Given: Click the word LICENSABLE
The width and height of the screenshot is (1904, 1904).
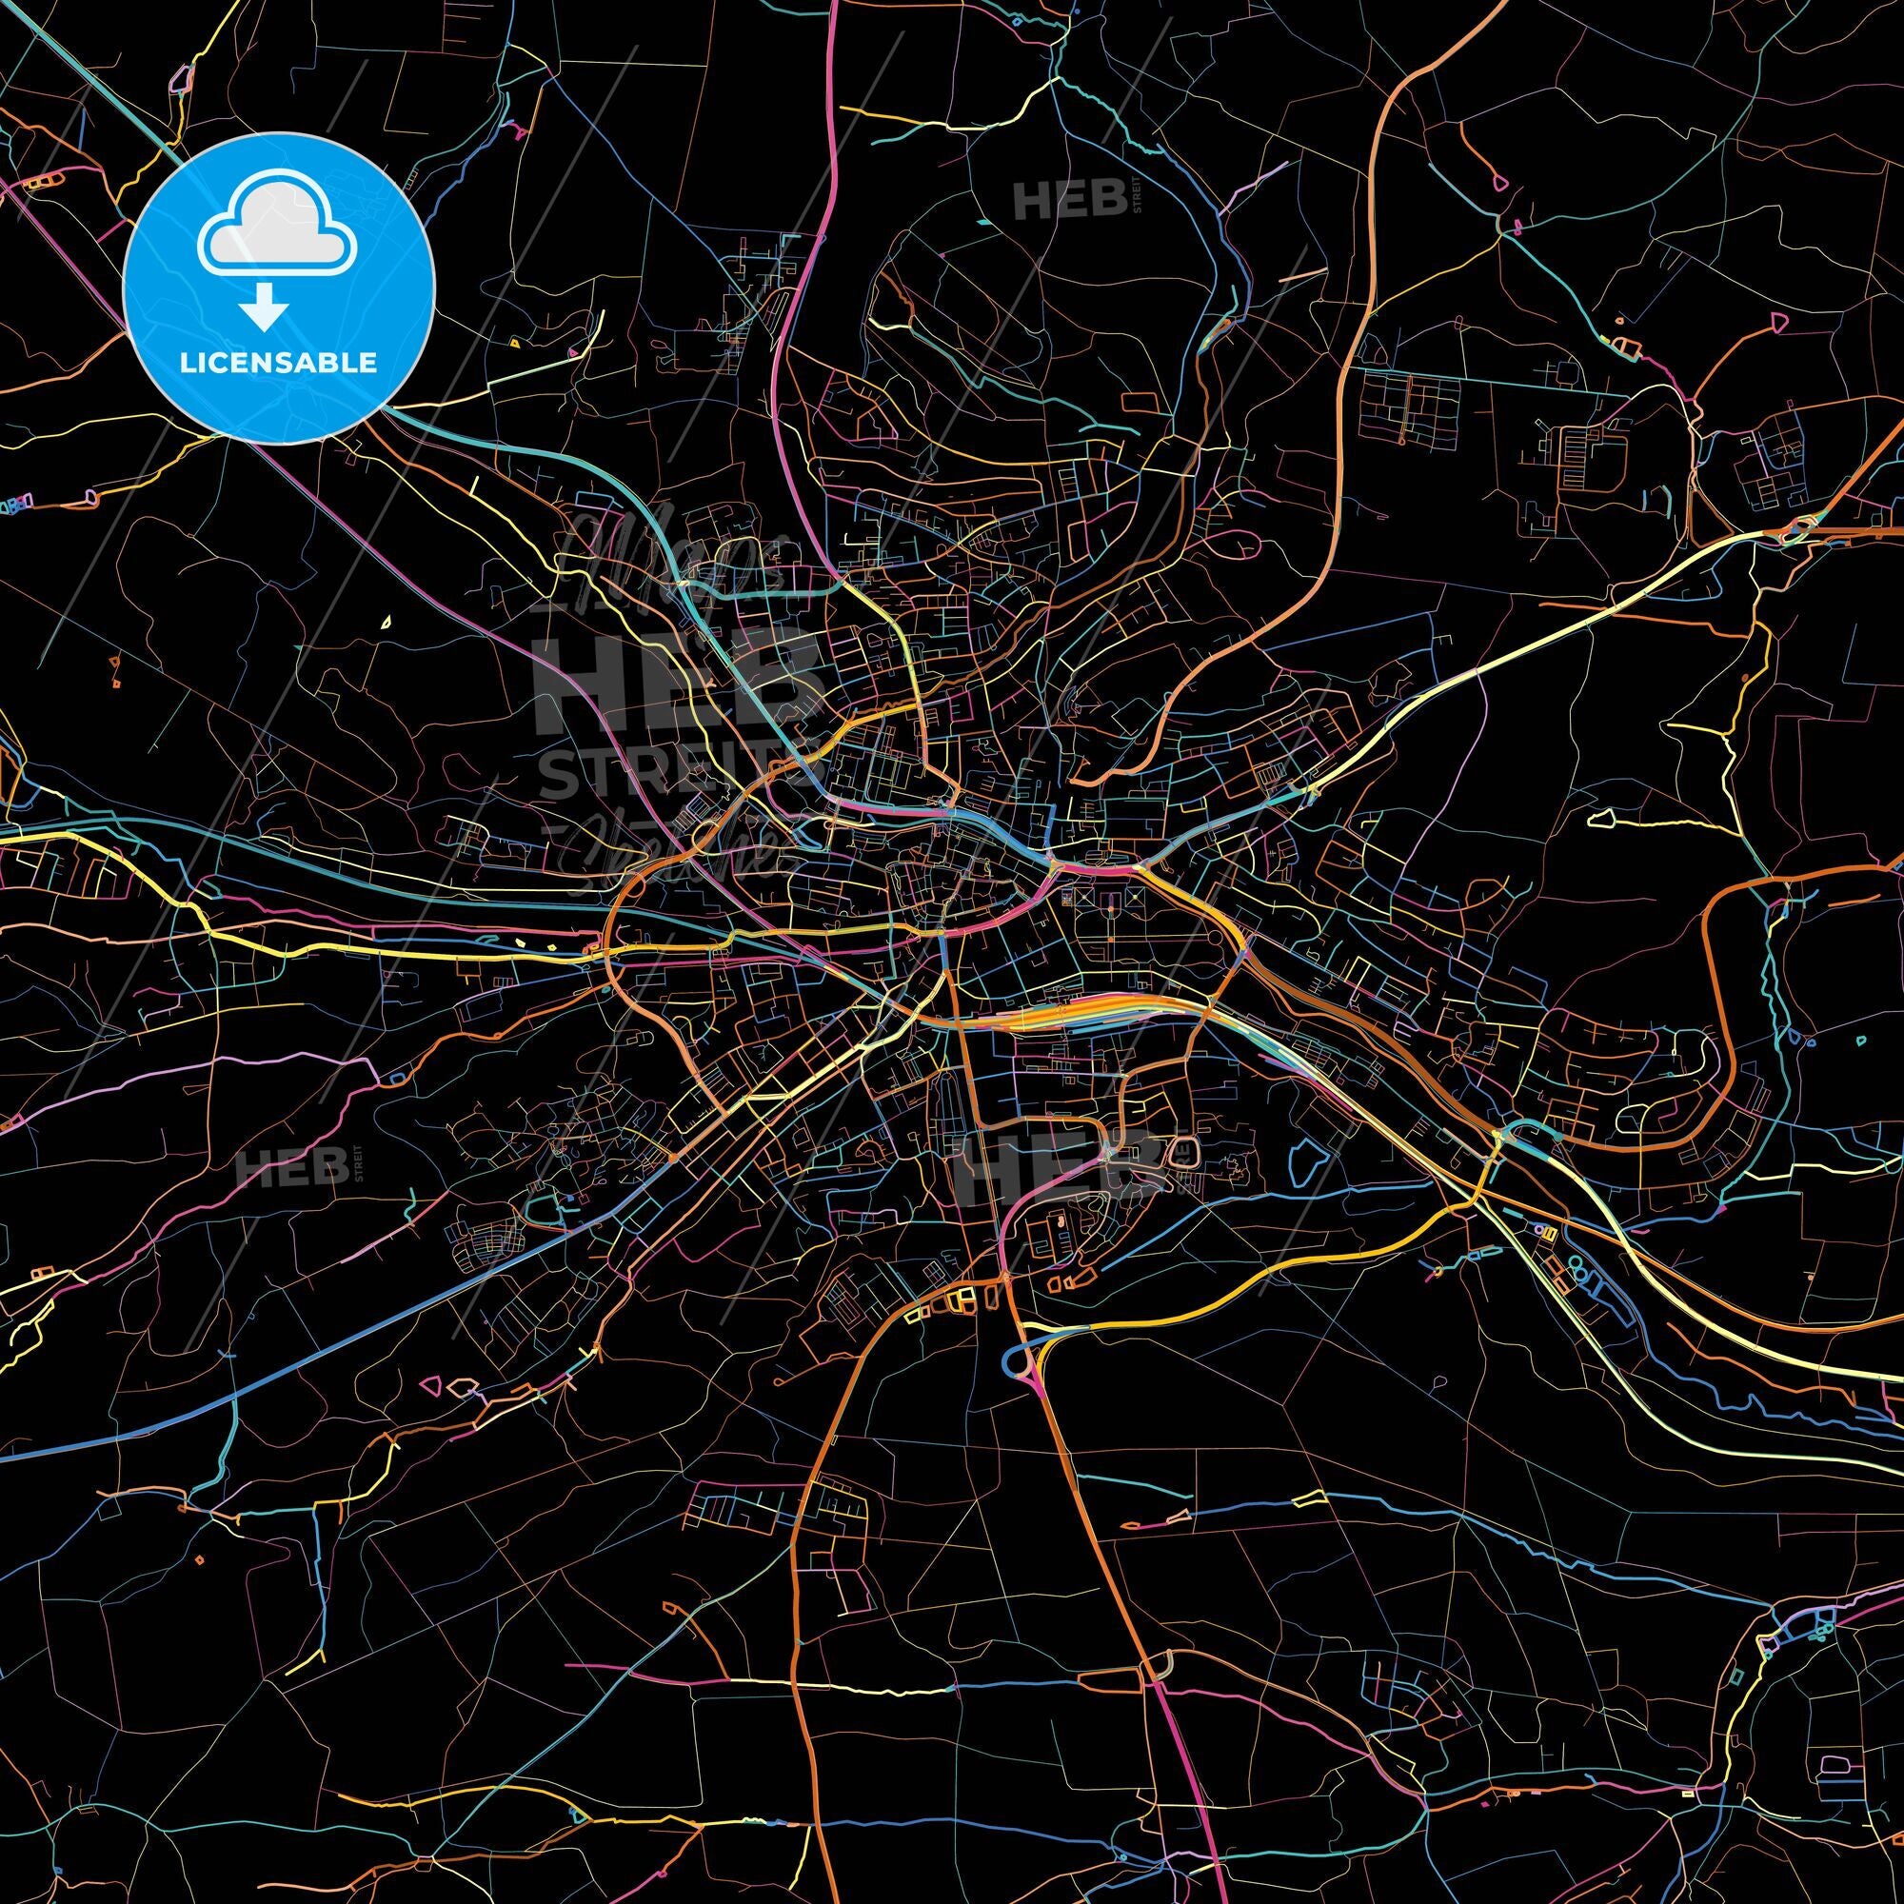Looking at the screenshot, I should point(278,363).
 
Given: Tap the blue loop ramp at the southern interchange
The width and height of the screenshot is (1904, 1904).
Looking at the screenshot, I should point(1015,1362).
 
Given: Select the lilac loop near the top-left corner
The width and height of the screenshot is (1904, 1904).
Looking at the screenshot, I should point(180,79).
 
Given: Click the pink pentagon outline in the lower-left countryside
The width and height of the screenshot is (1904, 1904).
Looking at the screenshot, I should point(429,1384).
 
